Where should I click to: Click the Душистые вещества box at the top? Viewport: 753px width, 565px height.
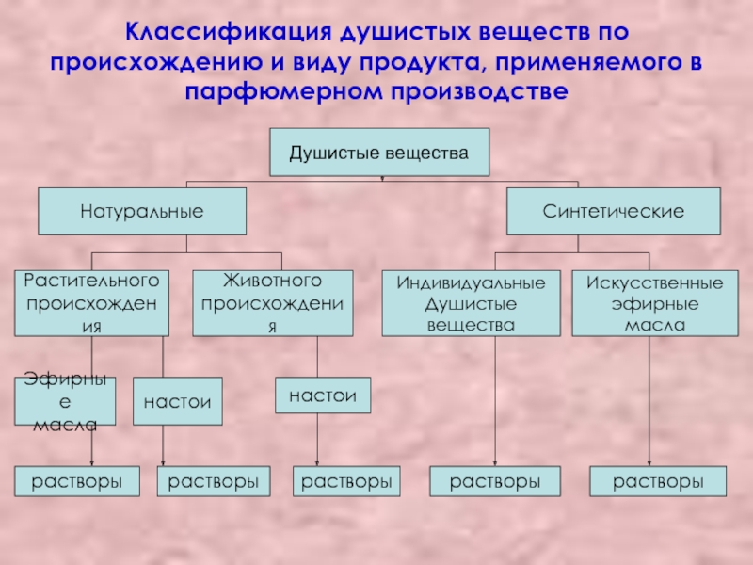(x=378, y=152)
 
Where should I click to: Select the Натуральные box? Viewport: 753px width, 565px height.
(x=142, y=211)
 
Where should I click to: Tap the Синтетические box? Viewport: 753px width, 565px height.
(x=613, y=211)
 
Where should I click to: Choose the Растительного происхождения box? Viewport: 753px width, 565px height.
(x=91, y=303)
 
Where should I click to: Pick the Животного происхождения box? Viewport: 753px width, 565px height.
(x=273, y=303)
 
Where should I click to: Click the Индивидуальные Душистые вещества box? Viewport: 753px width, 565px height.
(x=471, y=303)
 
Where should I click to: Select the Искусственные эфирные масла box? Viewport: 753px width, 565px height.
(x=655, y=303)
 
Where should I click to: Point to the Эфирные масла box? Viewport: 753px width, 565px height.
(x=65, y=401)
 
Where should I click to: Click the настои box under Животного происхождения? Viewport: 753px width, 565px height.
(x=323, y=395)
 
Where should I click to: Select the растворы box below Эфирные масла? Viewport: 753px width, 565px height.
(x=78, y=481)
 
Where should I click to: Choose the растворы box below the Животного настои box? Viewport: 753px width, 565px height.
(x=345, y=481)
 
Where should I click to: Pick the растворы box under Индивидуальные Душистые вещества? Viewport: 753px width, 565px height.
(x=494, y=481)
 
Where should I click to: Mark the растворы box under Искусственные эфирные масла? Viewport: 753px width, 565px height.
(x=659, y=481)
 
